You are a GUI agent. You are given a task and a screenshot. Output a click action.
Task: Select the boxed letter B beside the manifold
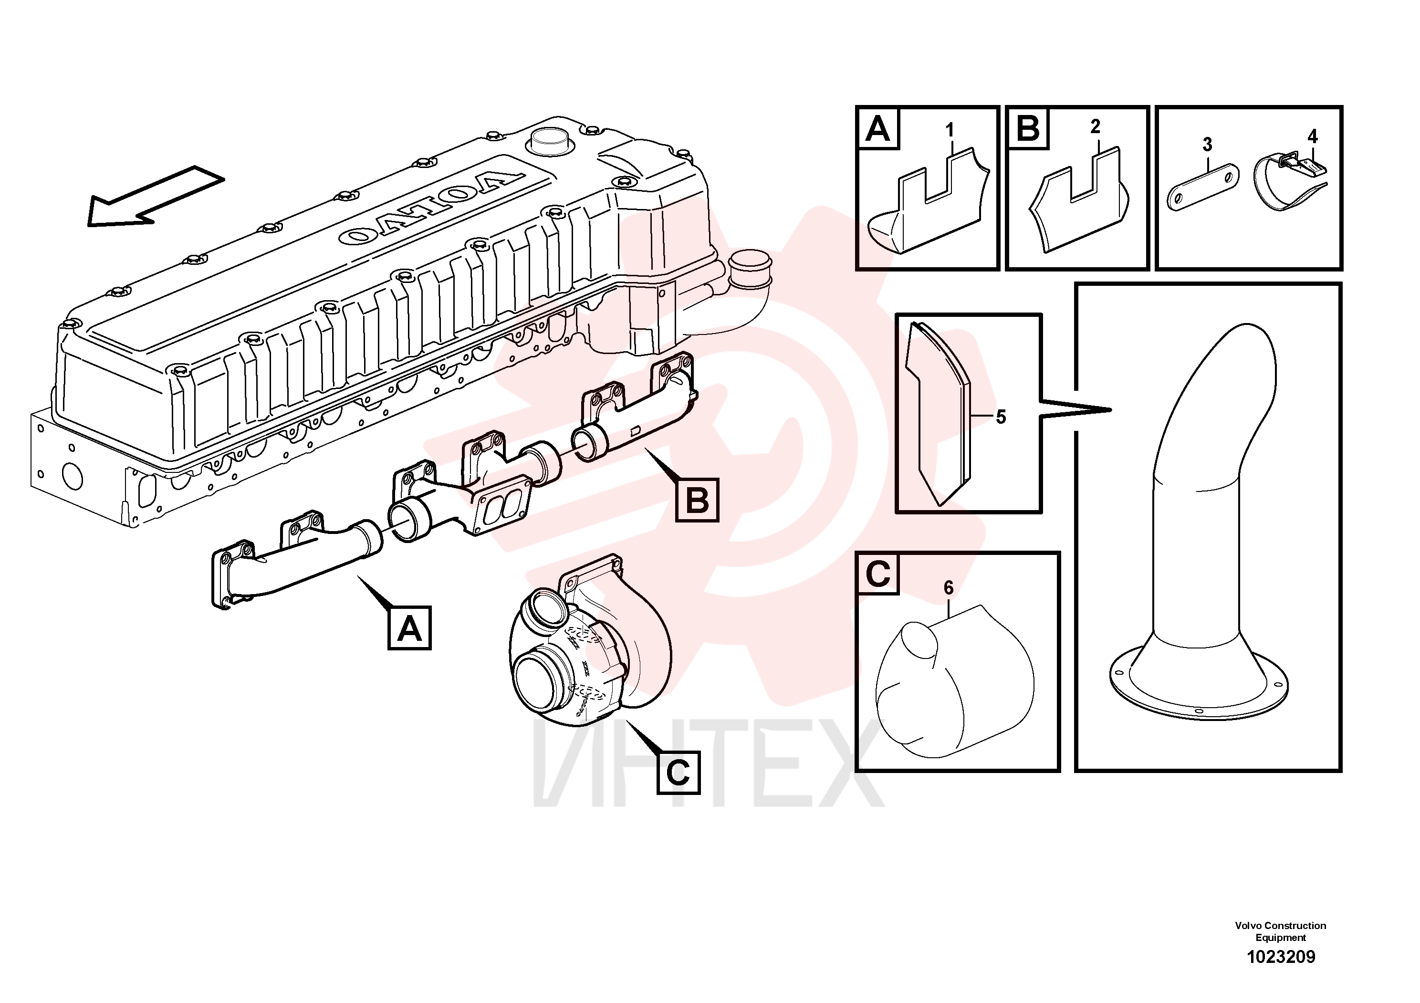[x=698, y=500]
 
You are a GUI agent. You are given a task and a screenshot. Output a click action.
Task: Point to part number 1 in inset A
[x=950, y=130]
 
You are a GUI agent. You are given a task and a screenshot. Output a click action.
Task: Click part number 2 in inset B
[x=1096, y=127]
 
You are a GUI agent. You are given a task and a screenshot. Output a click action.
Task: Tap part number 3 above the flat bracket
[x=1207, y=145]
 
